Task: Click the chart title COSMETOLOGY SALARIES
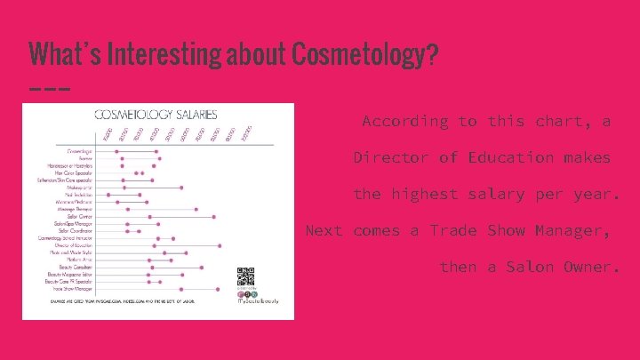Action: coord(156,114)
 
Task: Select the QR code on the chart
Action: coord(247,275)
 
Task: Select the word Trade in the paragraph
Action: coord(453,231)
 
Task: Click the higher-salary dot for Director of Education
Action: coord(220,245)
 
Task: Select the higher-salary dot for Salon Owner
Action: coord(213,216)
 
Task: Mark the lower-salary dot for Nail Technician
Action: coord(108,195)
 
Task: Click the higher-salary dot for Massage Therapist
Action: coord(196,209)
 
